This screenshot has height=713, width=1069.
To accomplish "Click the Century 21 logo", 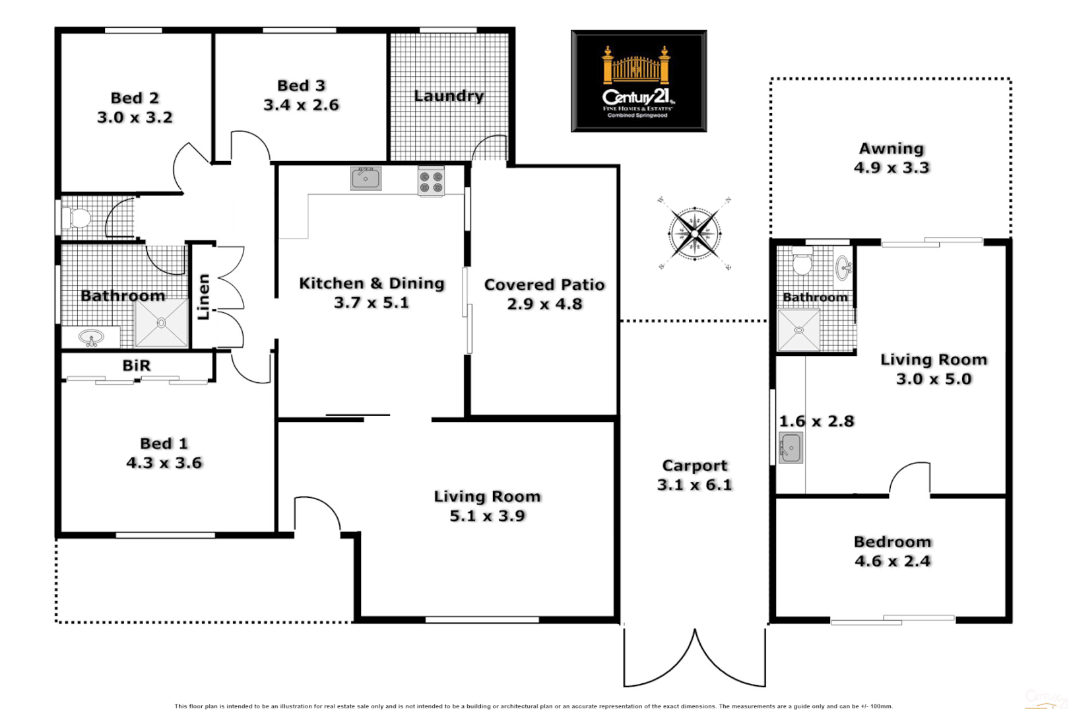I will [638, 81].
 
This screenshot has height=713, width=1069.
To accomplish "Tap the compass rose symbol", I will [695, 234].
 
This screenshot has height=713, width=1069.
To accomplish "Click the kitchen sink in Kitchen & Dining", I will [366, 178].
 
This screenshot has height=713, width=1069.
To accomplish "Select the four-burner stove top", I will [431, 182].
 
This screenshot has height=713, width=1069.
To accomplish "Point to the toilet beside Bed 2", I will [77, 217].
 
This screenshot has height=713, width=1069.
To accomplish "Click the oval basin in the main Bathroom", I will [91, 338].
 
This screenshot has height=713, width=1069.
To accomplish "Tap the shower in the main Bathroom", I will [162, 323].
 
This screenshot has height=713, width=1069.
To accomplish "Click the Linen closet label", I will [204, 297].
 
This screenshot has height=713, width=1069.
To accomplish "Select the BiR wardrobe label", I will [137, 365].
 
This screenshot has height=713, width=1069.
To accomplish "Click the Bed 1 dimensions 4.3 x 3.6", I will [164, 463].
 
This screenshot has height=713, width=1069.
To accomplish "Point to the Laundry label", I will [449, 96].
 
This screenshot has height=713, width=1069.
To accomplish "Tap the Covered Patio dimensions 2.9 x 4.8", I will [544, 304].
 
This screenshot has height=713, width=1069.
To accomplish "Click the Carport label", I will [694, 465].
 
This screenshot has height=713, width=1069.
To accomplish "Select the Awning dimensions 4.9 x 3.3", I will [891, 168].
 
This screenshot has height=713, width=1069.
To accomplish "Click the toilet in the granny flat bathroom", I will [802, 263].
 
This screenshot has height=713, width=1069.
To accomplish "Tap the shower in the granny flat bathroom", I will [798, 329].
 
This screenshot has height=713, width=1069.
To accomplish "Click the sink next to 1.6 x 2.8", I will [790, 448].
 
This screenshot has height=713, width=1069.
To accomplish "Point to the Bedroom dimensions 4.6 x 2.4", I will [892, 561].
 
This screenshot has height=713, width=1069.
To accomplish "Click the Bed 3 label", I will [301, 86].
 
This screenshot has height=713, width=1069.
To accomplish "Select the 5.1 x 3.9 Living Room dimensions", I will [487, 516].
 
